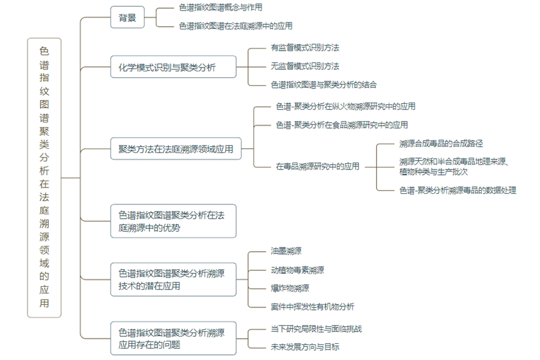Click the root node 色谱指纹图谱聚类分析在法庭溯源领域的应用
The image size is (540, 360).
pyautogui.click(x=44, y=177)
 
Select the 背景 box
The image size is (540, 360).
pyautogui.click(x=127, y=17)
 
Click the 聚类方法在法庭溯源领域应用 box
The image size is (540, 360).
pyautogui.click(x=176, y=149)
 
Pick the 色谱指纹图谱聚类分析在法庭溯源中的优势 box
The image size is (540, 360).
pyautogui.click(x=173, y=221)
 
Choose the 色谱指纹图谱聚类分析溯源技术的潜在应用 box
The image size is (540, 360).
pyautogui.click(x=173, y=279)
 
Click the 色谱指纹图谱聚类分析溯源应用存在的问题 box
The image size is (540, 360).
pyautogui.click(x=173, y=338)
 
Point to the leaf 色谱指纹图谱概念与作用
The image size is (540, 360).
pyautogui.click(x=220, y=7)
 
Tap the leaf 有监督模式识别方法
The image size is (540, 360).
pyautogui.click(x=305, y=47)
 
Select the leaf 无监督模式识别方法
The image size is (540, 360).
pyautogui.click(x=305, y=66)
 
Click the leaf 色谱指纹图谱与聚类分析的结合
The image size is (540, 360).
pyautogui.click(x=323, y=84)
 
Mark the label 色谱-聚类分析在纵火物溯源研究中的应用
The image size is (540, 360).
pyautogui.click(x=346, y=106)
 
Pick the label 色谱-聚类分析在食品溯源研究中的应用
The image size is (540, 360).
pyautogui.click(x=342, y=125)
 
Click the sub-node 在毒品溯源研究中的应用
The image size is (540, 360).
pyautogui.click(x=317, y=166)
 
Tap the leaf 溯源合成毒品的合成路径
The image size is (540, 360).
pyautogui.click(x=441, y=144)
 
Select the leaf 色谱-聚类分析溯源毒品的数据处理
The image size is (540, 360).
pyautogui.click(x=457, y=190)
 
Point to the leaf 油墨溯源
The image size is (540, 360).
pyautogui.click(x=286, y=251)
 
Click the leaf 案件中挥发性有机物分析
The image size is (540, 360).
pyautogui.click(x=312, y=306)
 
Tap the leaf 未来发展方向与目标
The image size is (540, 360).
pyautogui.click(x=305, y=346)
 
